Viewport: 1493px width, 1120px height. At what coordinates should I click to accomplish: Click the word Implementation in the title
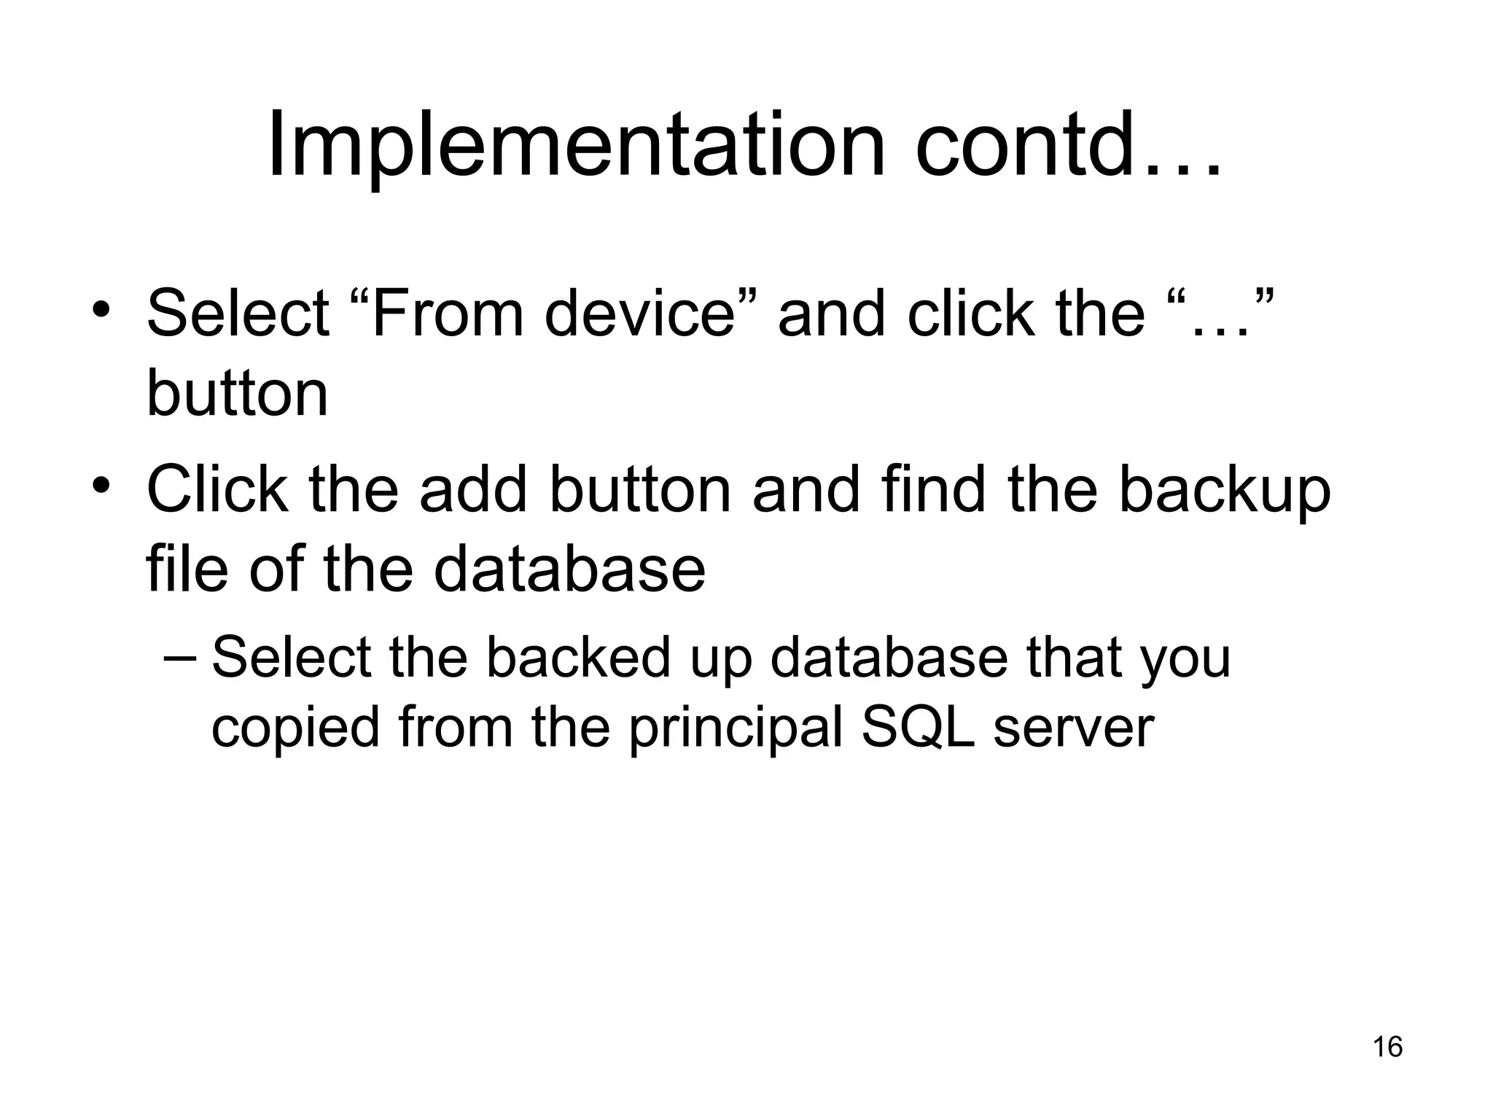(x=576, y=146)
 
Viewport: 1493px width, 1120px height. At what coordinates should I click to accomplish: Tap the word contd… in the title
(x=1068, y=146)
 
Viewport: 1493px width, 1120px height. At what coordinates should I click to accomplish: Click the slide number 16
(x=1387, y=1047)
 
